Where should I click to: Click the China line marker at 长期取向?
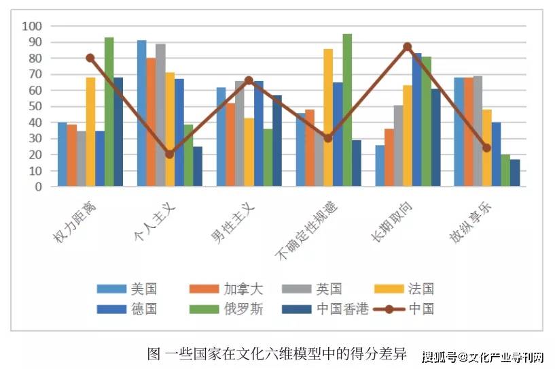pos(408,47)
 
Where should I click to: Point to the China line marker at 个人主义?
pos(169,154)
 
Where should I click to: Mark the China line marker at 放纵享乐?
pos(486,148)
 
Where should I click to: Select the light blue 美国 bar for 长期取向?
pos(379,165)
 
